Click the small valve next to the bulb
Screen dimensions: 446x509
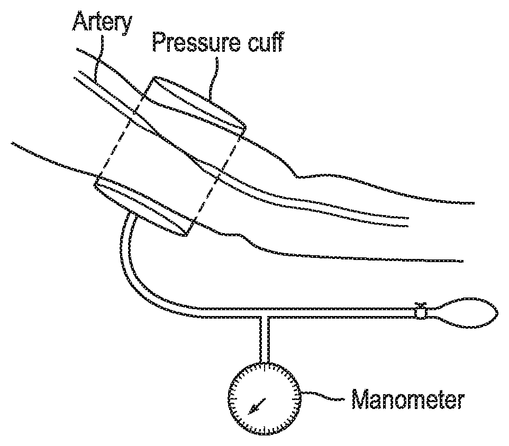(x=421, y=312)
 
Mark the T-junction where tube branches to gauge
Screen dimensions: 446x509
(x=265, y=314)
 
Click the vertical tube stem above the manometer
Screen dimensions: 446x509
(x=265, y=341)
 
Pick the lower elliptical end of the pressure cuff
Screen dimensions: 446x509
(x=142, y=206)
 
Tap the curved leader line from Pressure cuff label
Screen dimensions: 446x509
(x=214, y=79)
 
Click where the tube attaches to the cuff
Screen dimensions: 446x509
(x=129, y=216)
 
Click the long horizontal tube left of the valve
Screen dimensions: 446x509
(x=344, y=312)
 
